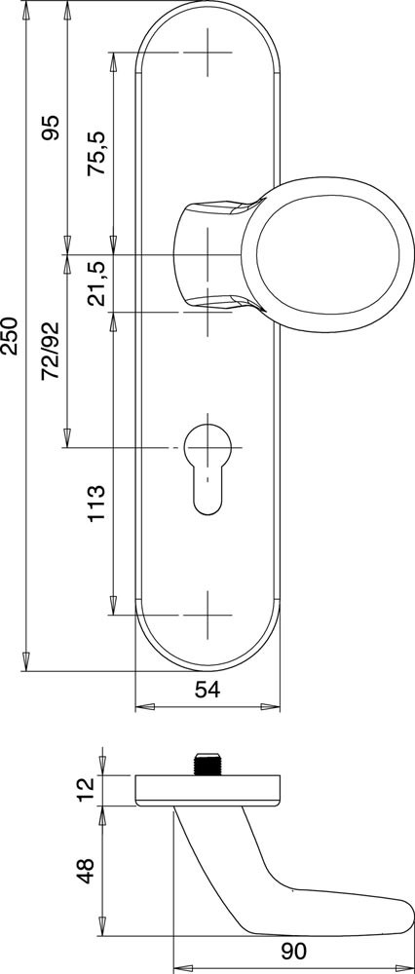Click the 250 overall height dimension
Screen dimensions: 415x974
pos(11,336)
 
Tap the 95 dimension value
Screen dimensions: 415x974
pos(53,128)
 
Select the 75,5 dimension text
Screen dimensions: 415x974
pos(99,154)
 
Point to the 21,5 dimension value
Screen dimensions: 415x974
pos(99,283)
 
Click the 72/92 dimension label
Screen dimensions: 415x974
pos(53,352)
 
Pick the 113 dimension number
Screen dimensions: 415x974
pos(98,504)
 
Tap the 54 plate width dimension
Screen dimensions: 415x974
pos(208,691)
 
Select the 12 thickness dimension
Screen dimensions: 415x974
pos(87,788)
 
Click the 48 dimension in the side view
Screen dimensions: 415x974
pos(86,871)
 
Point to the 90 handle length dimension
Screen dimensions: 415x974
pos(293,951)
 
